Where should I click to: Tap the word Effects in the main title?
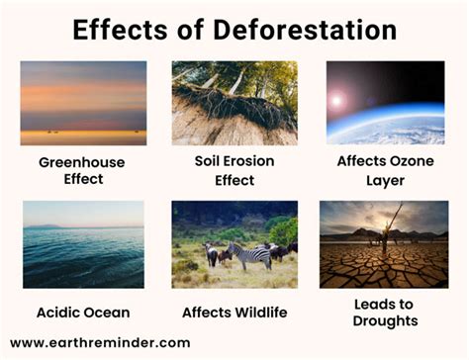(120, 30)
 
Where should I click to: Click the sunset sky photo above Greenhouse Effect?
(83, 102)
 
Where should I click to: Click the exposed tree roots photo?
(234, 102)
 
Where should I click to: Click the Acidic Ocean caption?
(85, 313)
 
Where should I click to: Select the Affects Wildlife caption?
(234, 313)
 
